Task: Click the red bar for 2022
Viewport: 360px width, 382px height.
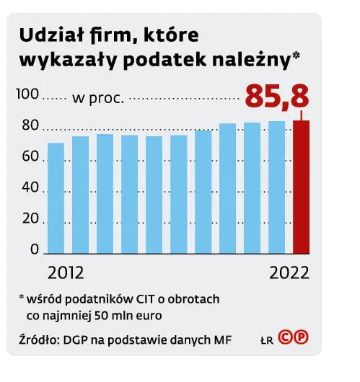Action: pos(300,187)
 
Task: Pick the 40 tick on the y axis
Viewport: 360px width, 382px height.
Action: pos(30,188)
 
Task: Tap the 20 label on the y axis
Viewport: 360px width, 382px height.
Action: pos(30,219)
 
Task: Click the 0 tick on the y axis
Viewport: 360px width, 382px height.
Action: pos(34,249)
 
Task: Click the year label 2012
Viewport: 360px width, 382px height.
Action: pos(66,274)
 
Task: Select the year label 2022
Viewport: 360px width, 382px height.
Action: pos(289,274)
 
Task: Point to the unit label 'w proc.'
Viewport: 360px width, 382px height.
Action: pos(98,97)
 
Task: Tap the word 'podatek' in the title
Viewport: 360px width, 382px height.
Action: pos(180,61)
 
